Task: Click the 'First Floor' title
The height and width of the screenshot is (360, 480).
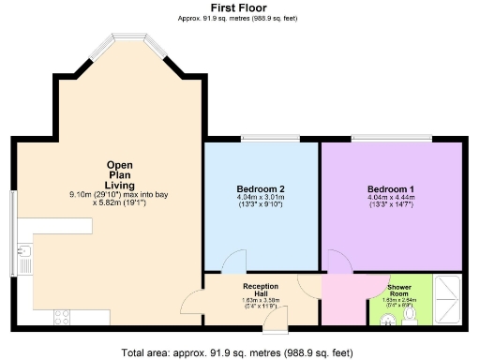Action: tap(239, 7)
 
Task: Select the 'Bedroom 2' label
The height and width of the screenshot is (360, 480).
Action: tap(260, 188)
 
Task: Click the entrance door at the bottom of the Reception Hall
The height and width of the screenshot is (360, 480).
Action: tap(276, 322)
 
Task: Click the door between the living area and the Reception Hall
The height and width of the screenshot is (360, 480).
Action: tap(192, 301)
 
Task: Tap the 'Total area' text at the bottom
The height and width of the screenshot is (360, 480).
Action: tap(239, 352)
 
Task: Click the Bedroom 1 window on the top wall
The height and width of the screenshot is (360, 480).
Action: tap(392, 140)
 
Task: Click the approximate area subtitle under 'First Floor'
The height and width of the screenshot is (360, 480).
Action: tap(239, 18)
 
